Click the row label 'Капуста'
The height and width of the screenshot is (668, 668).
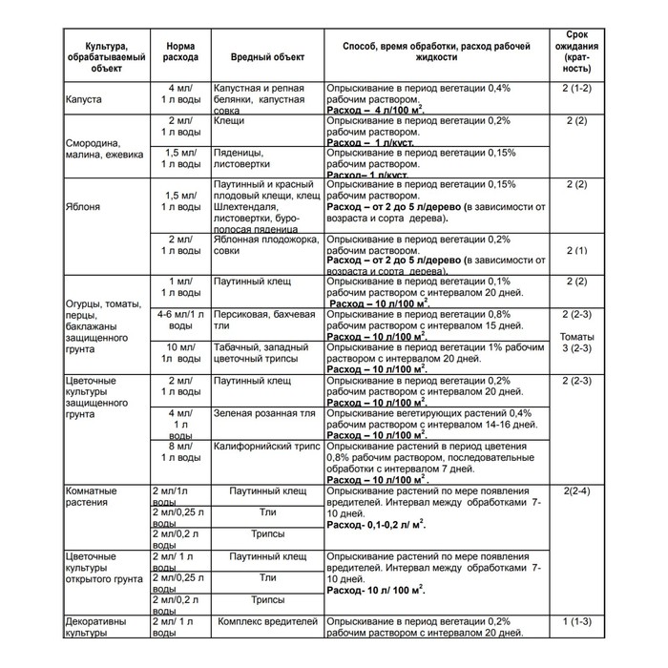pos(84,99)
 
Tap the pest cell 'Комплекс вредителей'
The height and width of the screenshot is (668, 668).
pos(268,623)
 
